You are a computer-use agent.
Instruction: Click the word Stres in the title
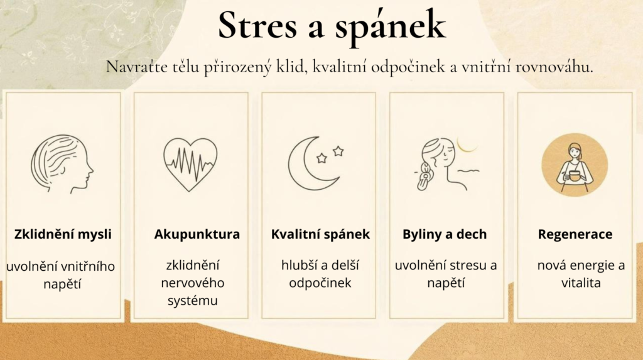coord(257,26)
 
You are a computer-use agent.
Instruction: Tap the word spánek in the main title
coord(390,28)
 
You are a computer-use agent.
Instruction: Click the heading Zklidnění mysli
coord(63,234)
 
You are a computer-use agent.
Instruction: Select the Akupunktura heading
coord(197,234)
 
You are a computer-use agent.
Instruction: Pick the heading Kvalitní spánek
coord(320,234)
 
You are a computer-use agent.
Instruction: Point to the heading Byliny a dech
coord(445,234)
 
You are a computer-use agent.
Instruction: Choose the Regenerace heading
coord(575,234)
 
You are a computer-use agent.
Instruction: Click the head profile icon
coord(62,164)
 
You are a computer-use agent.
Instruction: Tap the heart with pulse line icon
coord(190,164)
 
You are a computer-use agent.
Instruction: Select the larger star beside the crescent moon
coord(338,151)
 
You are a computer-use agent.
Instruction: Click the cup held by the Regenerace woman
coord(575,177)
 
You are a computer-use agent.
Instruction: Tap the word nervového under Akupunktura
coord(192,283)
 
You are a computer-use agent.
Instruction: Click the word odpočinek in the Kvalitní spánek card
coord(320,283)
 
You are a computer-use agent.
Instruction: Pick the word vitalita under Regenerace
coord(581,283)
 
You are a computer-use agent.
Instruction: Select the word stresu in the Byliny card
coord(463,265)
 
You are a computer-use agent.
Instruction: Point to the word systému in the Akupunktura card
coord(192,301)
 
